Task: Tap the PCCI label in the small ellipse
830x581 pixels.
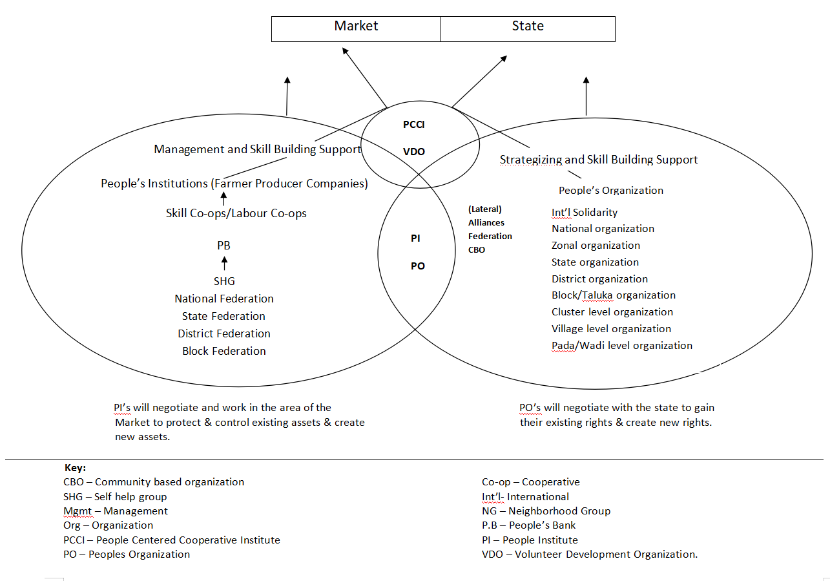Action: pos(413,125)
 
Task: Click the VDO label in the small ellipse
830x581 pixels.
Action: pos(413,152)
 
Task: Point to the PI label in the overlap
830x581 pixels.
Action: pos(415,238)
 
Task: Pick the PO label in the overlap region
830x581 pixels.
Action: pos(417,266)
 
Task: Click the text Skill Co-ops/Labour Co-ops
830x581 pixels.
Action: pos(236,213)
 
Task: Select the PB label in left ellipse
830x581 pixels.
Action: pos(223,246)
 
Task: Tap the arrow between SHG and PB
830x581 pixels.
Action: pos(224,263)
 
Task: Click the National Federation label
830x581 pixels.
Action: pos(223,299)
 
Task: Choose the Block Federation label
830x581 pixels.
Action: pos(223,351)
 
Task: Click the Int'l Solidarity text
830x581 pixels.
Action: pos(584,212)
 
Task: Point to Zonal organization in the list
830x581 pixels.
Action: pos(596,246)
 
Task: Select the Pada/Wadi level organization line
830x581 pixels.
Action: pos(621,346)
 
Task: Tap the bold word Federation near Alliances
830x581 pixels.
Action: pos(490,236)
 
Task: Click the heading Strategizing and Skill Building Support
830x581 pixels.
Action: pos(598,160)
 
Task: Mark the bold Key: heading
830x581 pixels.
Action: pos(75,467)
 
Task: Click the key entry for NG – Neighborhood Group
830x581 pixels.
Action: pos(546,511)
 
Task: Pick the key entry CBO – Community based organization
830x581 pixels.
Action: pos(154,482)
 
